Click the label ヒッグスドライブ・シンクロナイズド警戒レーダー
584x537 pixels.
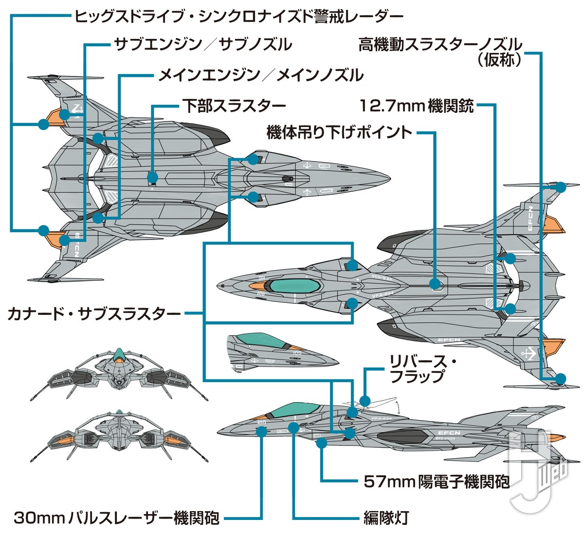pyautogui.click(x=238, y=16)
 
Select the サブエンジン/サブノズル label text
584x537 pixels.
pyautogui.click(x=203, y=45)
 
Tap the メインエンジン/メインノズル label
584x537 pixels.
pyautogui.click(x=261, y=75)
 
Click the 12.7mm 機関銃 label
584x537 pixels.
pyautogui.click(x=417, y=105)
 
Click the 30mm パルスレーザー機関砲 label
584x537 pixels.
pyautogui.click(x=117, y=518)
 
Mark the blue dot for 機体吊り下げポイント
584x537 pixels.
pyautogui.click(x=435, y=284)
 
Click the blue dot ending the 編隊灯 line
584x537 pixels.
pyautogui.click(x=293, y=427)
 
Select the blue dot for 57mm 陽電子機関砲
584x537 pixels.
pyautogui.click(x=321, y=443)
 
